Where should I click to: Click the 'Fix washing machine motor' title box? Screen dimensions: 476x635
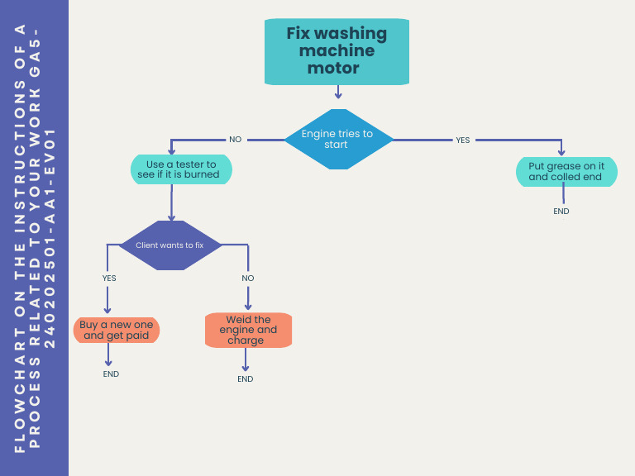[x=337, y=51]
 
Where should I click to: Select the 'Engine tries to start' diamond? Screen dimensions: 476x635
[x=337, y=139]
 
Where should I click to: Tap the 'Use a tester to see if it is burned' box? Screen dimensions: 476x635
[x=182, y=169]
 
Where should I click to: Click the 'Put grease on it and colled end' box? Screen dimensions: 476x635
[x=566, y=172]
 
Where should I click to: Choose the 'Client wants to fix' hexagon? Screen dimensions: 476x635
[x=169, y=245]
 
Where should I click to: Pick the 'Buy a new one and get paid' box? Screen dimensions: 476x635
[x=117, y=330]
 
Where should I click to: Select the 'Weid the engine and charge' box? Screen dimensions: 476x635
[x=249, y=330]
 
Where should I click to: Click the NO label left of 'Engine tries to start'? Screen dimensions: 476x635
[x=236, y=140]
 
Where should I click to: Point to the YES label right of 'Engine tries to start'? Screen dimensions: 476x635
[x=462, y=140]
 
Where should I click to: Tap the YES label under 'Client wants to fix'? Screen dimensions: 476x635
[x=109, y=278]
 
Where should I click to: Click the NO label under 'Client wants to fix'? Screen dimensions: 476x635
[x=248, y=278]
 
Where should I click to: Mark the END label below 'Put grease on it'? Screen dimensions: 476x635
[x=561, y=212]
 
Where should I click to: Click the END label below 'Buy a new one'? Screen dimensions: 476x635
[x=111, y=374]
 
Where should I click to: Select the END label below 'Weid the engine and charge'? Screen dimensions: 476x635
[x=246, y=379]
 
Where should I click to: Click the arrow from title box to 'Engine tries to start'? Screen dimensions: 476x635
[x=337, y=97]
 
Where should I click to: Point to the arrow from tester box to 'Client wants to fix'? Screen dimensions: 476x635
[x=172, y=202]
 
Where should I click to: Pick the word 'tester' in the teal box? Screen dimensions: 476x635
[x=201, y=164]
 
